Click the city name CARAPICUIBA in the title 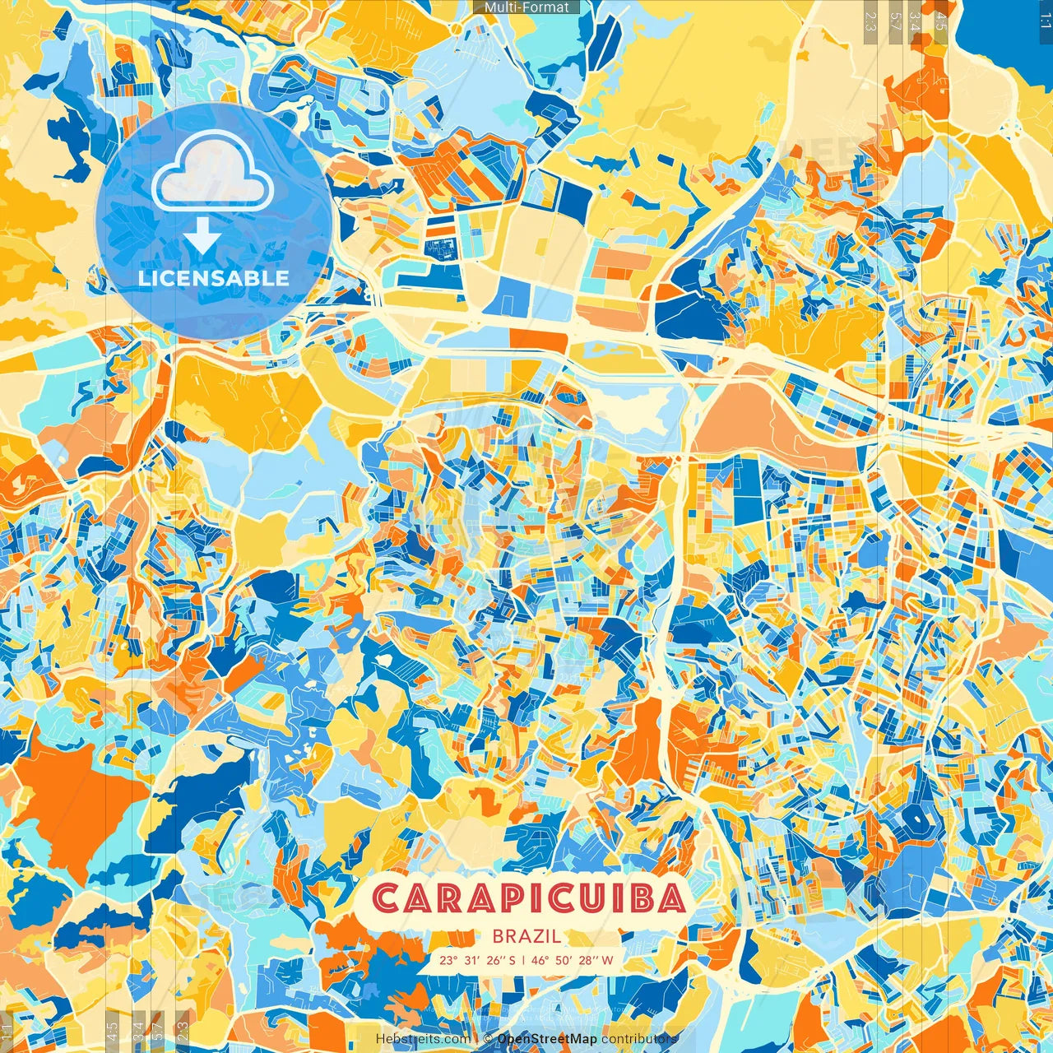529,898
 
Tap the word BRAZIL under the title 527,936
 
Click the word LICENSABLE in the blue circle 214,278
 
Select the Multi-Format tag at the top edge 526,7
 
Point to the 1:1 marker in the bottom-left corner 7,1032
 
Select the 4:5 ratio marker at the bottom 113,1032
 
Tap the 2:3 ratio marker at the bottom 183,1032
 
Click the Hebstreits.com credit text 423,1040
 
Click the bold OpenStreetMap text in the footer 547,1040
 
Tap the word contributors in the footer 639,1040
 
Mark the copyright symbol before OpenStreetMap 488,1040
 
